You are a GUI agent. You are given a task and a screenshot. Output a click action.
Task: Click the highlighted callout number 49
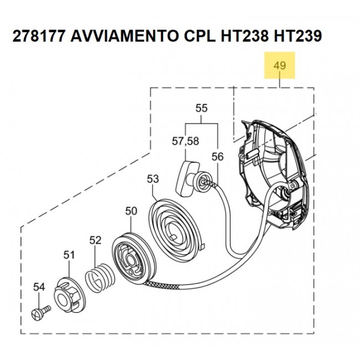point(280,66)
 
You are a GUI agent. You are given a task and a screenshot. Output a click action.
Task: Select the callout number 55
point(201,109)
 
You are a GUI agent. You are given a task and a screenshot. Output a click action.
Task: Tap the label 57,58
point(185,141)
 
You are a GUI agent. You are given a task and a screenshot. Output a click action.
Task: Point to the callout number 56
point(218,157)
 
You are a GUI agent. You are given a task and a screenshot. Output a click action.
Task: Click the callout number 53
point(153,179)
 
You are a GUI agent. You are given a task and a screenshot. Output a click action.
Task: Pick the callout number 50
point(131,211)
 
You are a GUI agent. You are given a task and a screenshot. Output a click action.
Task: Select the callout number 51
point(68,255)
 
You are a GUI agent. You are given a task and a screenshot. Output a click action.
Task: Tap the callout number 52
point(96,240)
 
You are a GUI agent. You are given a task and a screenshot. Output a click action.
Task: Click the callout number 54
point(38,287)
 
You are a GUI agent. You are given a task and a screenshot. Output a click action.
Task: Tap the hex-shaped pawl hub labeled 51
point(69,289)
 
